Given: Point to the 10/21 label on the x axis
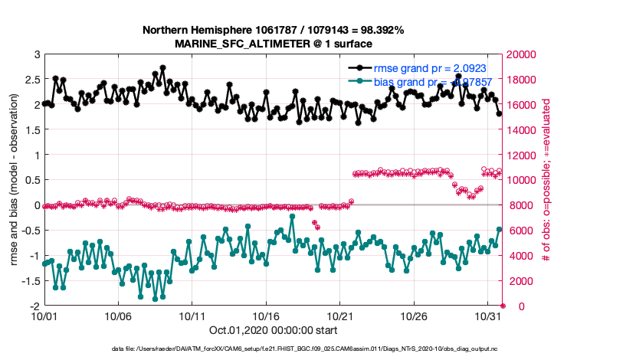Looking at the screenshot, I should pyautogui.click(x=340, y=316).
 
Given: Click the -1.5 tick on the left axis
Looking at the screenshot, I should pyautogui.click(x=30, y=281).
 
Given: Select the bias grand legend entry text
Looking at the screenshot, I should pyautogui.click(x=430, y=80).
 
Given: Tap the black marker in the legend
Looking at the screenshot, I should pyautogui.click(x=360, y=68).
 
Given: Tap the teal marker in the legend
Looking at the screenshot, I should pyautogui.click(x=360, y=80).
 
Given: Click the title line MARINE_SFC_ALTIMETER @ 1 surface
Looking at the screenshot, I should pyautogui.click(x=274, y=44).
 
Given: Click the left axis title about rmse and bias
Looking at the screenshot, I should pyautogui.click(x=14, y=180).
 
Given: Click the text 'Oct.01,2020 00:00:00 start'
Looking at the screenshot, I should pyautogui.click(x=274, y=330).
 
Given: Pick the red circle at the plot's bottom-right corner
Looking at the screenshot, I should pyautogui.click(x=503, y=306).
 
